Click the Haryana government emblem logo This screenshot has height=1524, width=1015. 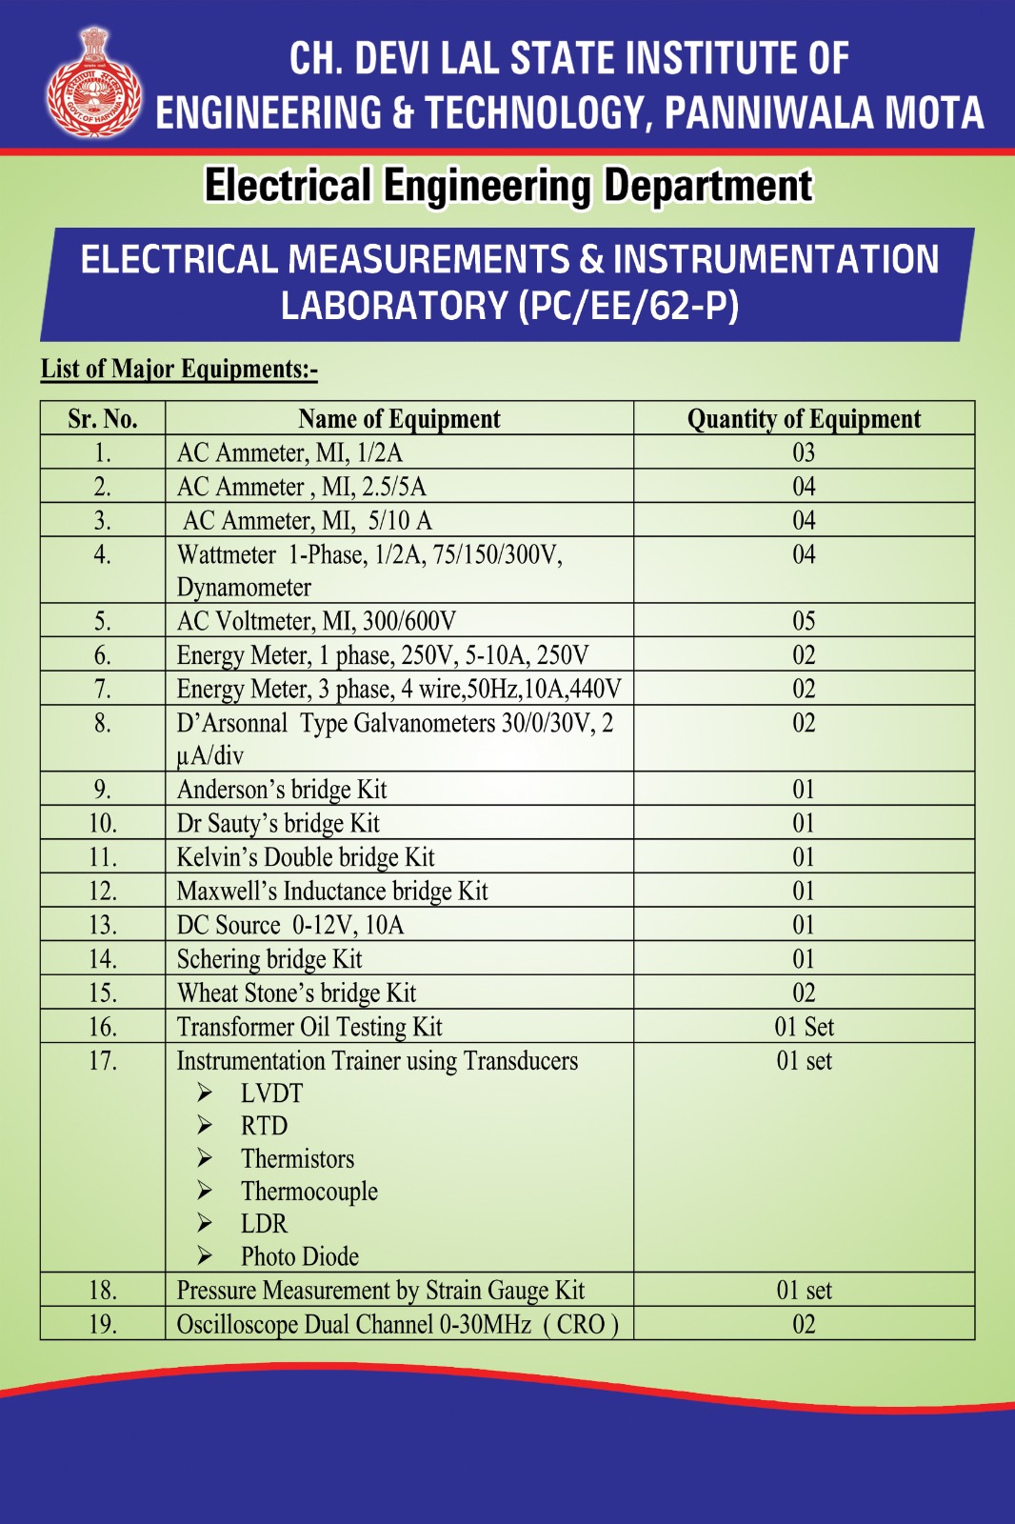point(94,84)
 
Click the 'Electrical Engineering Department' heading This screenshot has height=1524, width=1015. point(508,186)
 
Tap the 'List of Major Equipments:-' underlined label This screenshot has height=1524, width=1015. point(179,370)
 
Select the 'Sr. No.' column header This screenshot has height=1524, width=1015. point(103,419)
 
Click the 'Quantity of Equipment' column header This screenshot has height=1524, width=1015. point(804,419)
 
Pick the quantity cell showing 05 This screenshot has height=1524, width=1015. point(804,621)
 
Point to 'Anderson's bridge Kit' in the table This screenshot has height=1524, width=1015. point(282,790)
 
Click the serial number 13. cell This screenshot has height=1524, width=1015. point(103,925)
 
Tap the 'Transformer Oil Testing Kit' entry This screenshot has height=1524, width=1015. point(309,1027)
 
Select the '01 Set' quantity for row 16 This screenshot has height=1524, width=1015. point(804,1027)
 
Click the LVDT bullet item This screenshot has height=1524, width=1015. point(271,1093)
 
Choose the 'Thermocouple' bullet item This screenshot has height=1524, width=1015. point(308,1192)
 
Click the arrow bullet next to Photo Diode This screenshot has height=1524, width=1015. point(205,1256)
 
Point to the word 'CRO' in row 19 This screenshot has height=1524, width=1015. point(581,1325)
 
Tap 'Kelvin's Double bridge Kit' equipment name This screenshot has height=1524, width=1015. point(306,857)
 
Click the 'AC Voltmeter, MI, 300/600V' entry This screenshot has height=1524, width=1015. point(316,621)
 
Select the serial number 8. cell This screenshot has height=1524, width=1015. point(103,724)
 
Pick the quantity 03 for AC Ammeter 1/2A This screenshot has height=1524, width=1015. point(804,452)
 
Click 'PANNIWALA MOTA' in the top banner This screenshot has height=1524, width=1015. point(824,113)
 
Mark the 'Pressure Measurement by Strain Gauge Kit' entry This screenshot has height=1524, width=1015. point(381,1291)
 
